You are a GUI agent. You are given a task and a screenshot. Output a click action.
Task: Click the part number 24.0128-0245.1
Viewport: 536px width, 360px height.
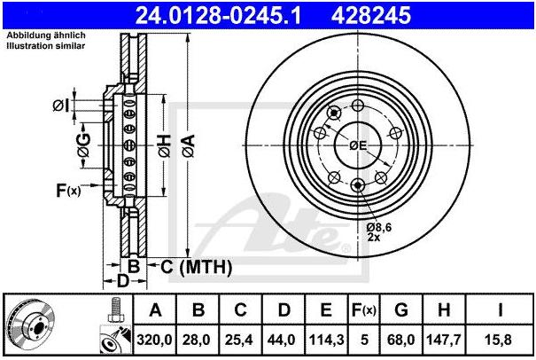[x=218, y=16]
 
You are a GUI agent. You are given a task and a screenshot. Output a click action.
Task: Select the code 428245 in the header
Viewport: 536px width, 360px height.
[x=371, y=16]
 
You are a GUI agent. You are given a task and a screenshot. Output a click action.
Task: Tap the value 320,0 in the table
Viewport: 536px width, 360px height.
[x=154, y=340]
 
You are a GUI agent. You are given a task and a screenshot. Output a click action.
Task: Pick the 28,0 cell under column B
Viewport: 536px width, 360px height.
[x=198, y=340]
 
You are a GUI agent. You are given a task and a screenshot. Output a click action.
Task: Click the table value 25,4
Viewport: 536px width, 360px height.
[x=240, y=340]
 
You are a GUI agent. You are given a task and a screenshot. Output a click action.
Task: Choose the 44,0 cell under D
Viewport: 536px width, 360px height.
[x=283, y=340]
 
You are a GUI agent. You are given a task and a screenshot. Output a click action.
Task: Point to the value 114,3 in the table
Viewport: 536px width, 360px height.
[x=326, y=340]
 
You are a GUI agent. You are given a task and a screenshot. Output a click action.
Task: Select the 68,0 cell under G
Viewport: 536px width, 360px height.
[x=401, y=340]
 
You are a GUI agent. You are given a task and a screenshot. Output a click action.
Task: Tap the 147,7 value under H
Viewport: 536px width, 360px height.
[x=444, y=340]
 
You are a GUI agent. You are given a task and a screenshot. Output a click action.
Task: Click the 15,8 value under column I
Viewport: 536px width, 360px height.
[x=500, y=340]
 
